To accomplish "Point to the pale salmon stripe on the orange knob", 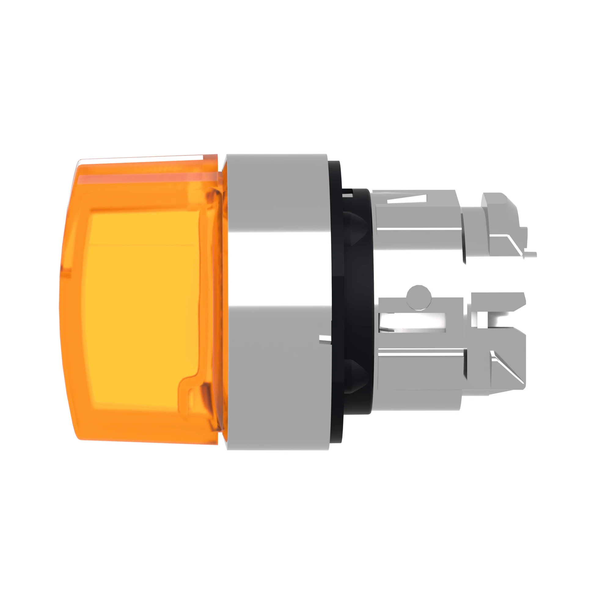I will pos(142,177).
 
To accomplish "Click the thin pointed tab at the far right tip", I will pos(531,254).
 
